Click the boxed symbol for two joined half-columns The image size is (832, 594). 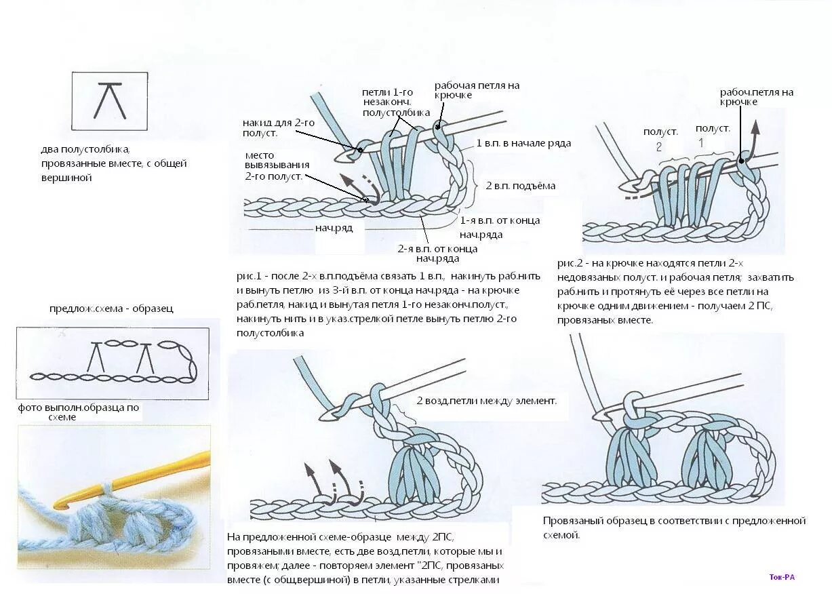(109, 100)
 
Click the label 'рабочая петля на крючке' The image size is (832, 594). (477, 90)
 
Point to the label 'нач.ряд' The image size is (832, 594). (334, 229)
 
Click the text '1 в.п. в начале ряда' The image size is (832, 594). (523, 143)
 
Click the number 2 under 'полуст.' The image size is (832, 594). (658, 146)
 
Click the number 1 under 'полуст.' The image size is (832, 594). (701, 143)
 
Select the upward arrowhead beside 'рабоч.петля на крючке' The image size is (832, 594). (755, 127)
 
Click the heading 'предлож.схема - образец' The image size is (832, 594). (111, 309)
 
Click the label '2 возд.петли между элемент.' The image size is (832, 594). (486, 401)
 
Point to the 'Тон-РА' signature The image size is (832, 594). (782, 577)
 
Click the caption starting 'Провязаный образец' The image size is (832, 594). (673, 528)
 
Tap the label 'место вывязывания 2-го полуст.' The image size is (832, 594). (277, 165)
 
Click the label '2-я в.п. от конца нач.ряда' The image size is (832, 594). (437, 253)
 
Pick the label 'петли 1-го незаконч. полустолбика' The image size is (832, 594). (396, 102)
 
